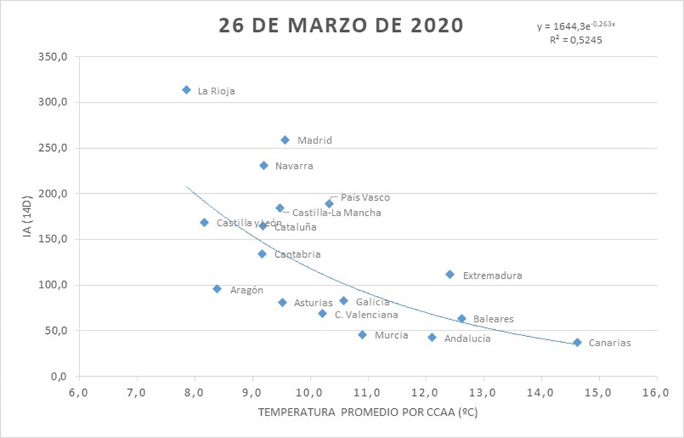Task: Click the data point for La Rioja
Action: [x=186, y=90]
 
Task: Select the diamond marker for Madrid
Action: [x=285, y=140]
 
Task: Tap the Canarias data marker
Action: [x=577, y=343]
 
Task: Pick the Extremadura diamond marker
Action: [x=449, y=274]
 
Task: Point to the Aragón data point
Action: [x=217, y=288]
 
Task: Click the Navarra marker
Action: [x=264, y=165]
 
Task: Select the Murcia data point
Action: [x=362, y=335]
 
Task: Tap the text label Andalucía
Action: [x=467, y=338]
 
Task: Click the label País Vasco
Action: [x=365, y=197]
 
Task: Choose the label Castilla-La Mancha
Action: [x=336, y=213]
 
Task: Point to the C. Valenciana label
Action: [x=366, y=315]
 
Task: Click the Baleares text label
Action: [x=493, y=318]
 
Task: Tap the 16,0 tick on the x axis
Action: [x=657, y=392]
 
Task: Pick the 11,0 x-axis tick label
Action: [x=368, y=392]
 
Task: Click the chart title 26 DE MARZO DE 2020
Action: [x=341, y=25]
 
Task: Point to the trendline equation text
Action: [x=576, y=27]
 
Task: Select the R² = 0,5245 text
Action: [x=576, y=39]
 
